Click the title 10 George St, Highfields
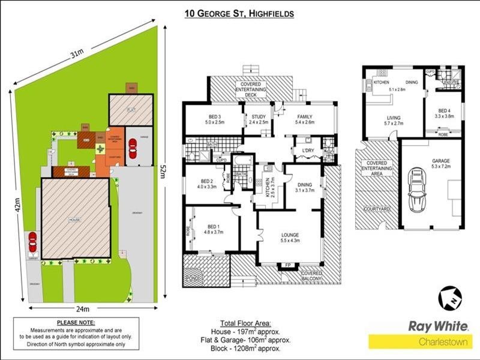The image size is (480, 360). (239, 12)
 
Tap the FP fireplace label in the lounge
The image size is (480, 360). (287, 265)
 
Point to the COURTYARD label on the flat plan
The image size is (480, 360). (376, 209)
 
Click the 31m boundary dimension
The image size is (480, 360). (76, 55)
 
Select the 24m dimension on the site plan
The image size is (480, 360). (83, 309)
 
